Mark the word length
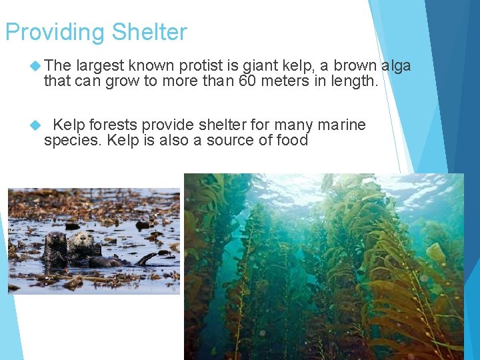[x=355, y=81]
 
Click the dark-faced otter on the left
[x=55, y=243]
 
